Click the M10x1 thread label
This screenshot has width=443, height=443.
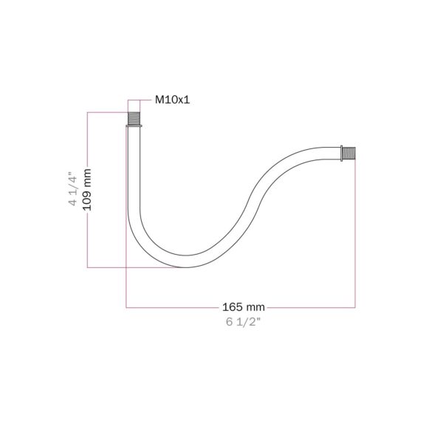click(172, 100)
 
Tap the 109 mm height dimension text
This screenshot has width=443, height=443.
click(88, 190)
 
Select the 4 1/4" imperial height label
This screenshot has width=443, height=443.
click(72, 188)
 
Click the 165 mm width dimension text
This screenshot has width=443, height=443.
click(244, 307)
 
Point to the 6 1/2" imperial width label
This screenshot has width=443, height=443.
click(243, 322)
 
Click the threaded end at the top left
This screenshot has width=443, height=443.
click(134, 119)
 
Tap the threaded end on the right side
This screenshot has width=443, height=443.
click(349, 154)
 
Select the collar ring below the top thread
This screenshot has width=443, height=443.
click(134, 126)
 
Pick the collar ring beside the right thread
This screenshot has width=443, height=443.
click(342, 154)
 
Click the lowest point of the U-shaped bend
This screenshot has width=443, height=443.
click(185, 267)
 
